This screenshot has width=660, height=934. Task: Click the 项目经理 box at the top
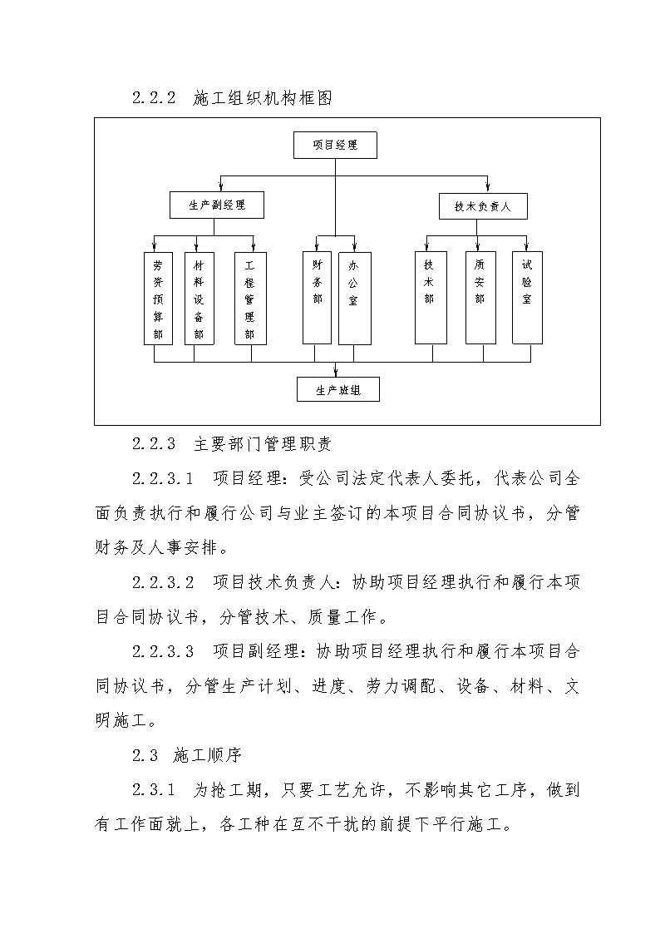point(335,146)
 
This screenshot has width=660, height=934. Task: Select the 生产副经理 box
point(217,205)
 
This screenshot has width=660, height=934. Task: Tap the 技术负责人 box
point(483,207)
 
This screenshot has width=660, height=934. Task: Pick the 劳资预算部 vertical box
point(158,299)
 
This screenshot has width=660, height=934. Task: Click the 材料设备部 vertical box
point(199,299)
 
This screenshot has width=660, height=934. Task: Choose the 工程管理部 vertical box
point(250,299)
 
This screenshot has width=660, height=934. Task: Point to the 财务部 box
point(318,298)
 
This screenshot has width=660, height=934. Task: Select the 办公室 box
point(355,298)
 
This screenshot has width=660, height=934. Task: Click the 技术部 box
point(431,298)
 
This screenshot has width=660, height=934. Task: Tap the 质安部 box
point(480,298)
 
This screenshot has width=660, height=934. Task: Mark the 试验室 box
point(527,298)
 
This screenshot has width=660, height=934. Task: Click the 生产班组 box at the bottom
point(338,389)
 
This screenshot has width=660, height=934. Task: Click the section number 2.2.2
point(154,97)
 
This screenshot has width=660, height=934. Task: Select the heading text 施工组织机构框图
point(263,97)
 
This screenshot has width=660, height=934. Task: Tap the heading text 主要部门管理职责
point(263,444)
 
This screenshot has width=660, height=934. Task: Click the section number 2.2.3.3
point(163,651)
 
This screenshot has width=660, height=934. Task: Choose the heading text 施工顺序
point(207,755)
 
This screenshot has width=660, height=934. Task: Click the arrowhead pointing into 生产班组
point(336,373)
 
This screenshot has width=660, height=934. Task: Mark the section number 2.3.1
point(154,790)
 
